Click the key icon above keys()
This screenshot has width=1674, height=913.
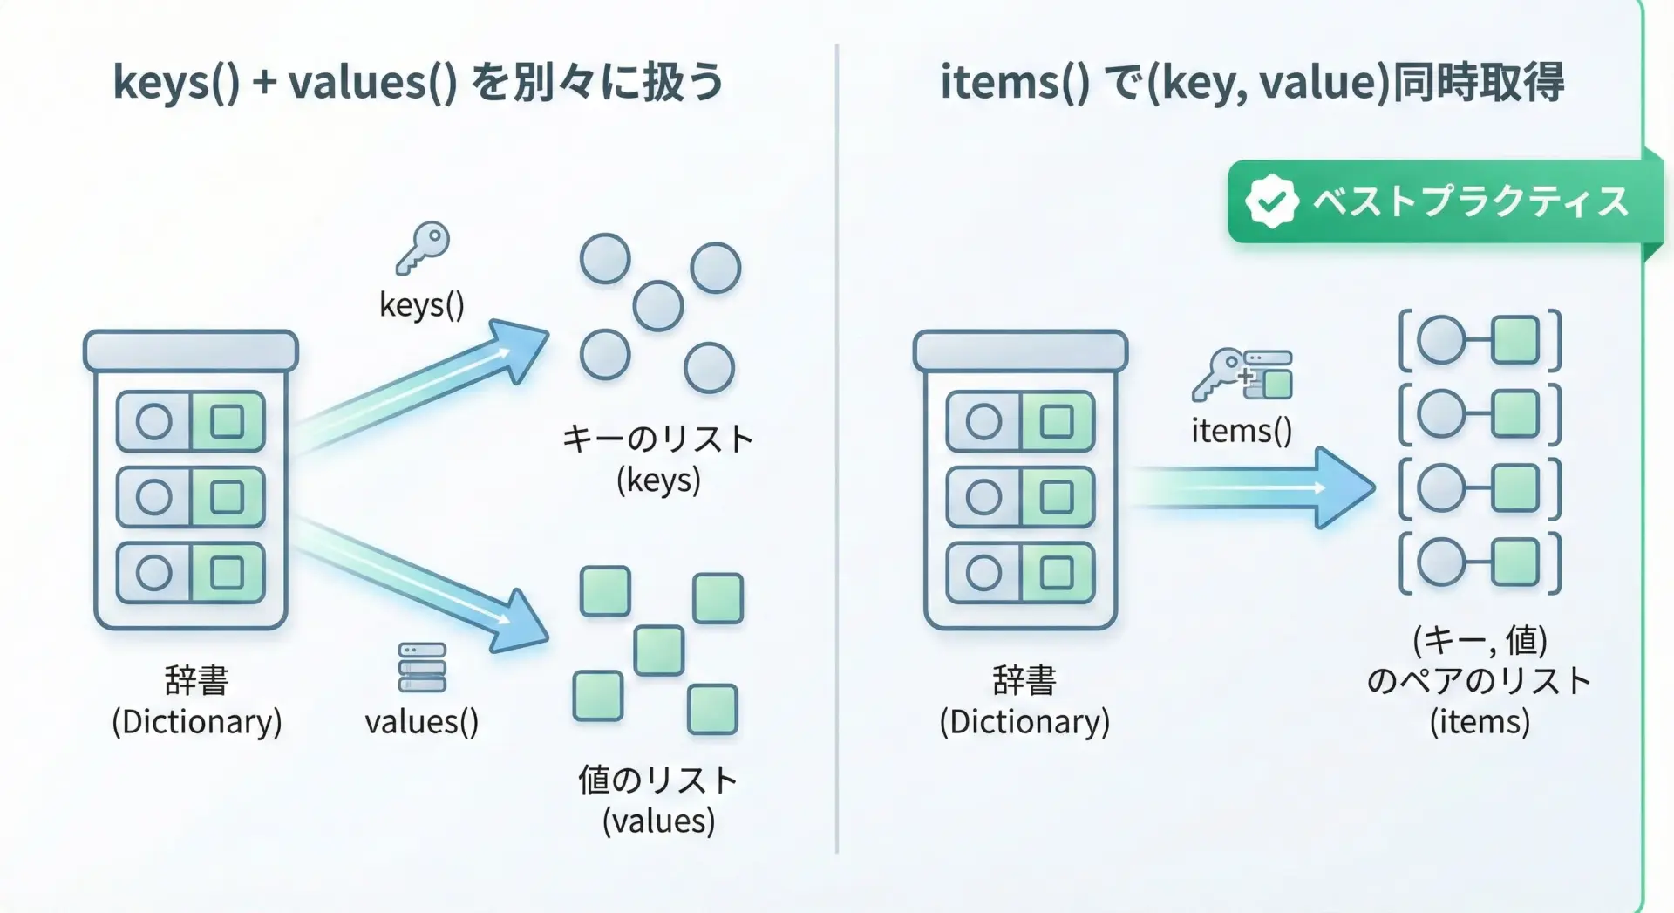pos(423,248)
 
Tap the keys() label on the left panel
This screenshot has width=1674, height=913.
pos(422,305)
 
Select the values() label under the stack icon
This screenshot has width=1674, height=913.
pos(422,722)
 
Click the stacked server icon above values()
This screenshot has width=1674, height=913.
pos(422,668)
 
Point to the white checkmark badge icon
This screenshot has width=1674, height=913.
pos(1270,201)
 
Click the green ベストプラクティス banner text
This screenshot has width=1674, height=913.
pos(1470,202)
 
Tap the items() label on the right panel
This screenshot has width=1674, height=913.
pos(1242,431)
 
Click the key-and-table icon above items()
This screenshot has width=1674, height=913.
pos(1243,375)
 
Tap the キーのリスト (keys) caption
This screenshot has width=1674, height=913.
pos(658,459)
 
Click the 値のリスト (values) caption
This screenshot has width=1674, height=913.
pos(658,800)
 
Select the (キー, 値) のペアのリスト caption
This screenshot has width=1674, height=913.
pos(1480,681)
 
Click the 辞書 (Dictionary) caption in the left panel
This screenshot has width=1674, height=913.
pos(197,701)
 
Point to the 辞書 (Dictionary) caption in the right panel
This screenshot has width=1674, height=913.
pos(1024,701)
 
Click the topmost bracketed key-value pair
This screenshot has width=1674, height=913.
pos(1480,341)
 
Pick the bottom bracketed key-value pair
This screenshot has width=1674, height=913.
pos(1480,563)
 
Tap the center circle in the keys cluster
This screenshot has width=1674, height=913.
pos(658,306)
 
